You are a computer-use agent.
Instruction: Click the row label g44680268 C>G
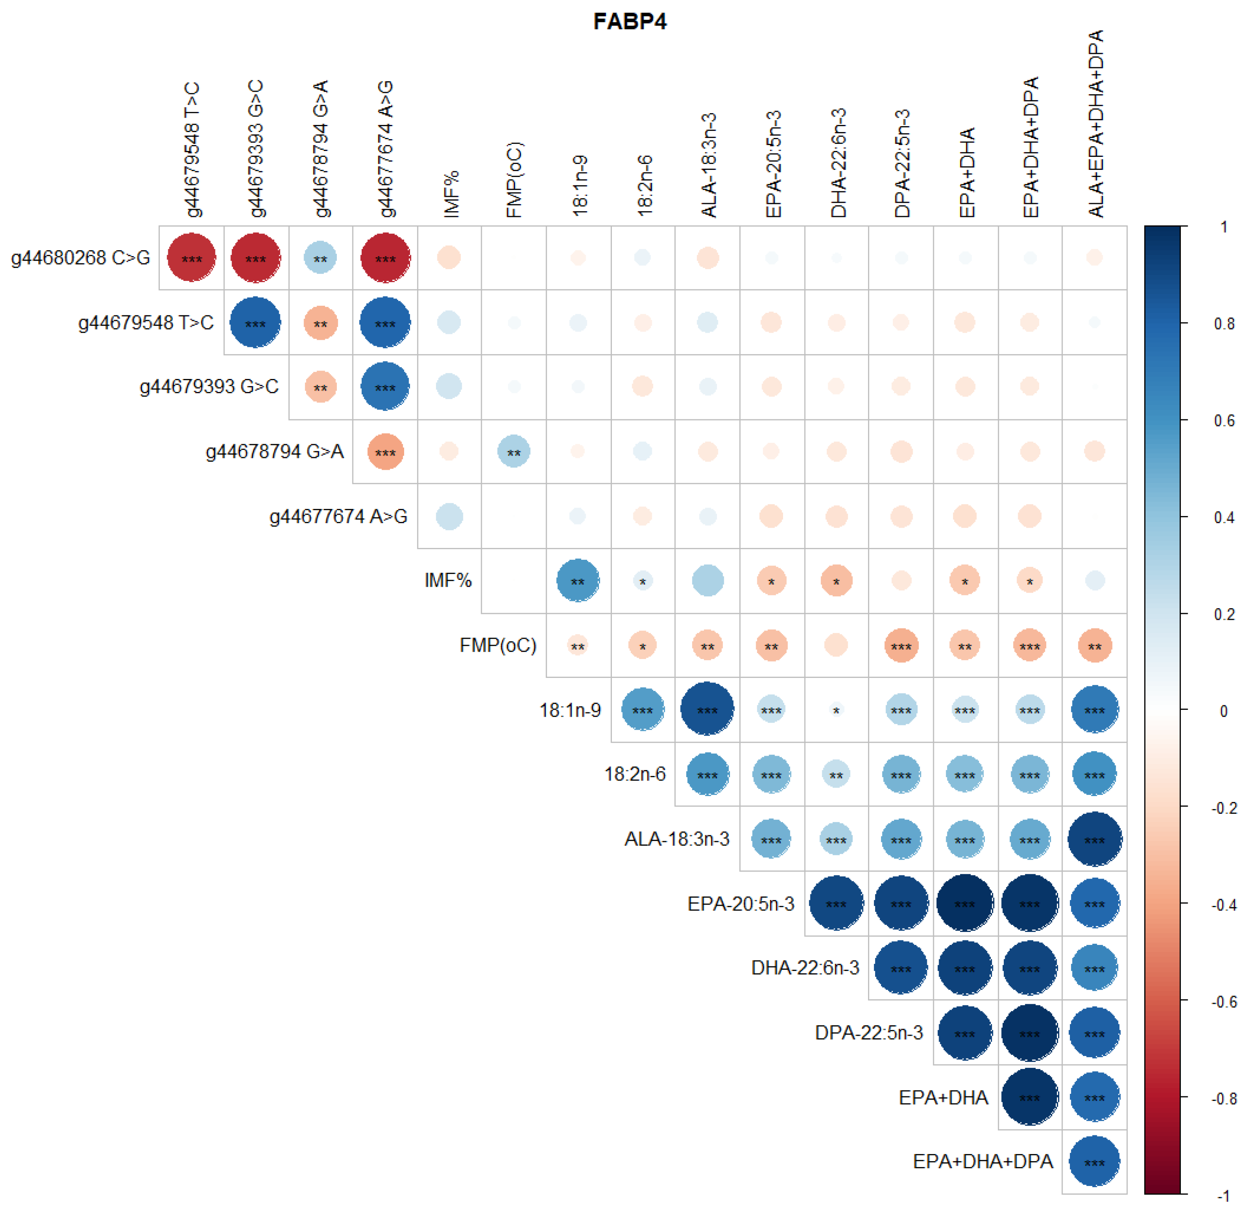80,258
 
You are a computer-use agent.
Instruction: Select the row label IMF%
448,580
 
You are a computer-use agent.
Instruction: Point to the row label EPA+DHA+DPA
983,1162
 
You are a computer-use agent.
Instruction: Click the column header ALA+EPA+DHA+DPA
1095,124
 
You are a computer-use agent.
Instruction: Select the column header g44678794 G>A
321,148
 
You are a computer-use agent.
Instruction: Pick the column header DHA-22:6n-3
837,163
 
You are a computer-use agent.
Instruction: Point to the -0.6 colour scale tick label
1223,1002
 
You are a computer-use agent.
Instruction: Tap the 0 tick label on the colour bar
1223,711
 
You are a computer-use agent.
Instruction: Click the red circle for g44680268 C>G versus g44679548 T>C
192,258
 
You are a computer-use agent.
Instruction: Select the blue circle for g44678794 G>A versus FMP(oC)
513,452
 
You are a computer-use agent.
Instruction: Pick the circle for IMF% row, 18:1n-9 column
578,580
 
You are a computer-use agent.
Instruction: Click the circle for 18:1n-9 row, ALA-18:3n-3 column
707,709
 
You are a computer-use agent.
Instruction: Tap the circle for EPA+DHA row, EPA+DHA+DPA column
1030,1097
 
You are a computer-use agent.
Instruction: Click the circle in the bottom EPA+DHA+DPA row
1095,1162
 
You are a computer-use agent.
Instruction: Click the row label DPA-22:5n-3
868,1032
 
